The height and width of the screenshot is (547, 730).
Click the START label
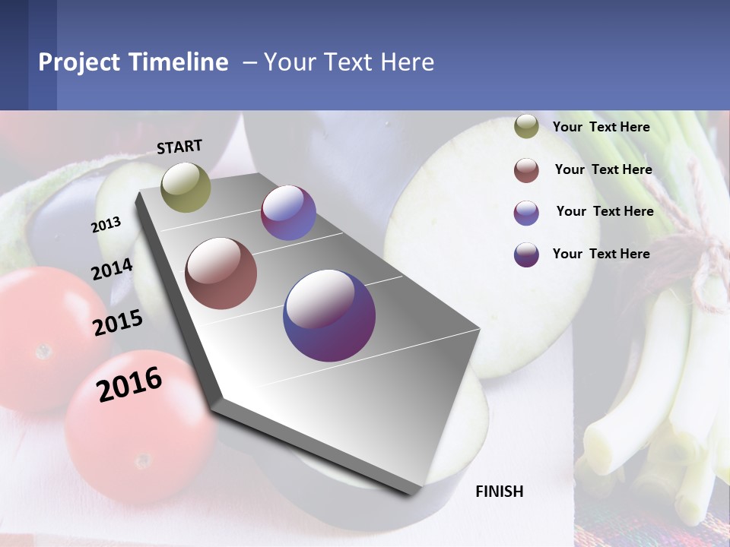(179, 147)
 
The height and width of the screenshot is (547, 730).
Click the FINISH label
(500, 492)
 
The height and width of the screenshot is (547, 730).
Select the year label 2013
(106, 225)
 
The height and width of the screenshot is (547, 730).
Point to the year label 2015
(118, 323)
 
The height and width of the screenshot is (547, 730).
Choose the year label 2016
(129, 384)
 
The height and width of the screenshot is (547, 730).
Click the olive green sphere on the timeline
(186, 187)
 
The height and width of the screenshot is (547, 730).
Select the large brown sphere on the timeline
(221, 273)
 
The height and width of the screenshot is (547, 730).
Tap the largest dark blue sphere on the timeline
(329, 315)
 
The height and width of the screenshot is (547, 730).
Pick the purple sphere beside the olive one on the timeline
(288, 213)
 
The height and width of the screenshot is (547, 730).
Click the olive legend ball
(526, 127)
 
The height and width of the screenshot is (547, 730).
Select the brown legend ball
(526, 170)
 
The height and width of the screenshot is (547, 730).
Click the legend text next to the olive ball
(601, 127)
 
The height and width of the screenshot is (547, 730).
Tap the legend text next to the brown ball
(603, 169)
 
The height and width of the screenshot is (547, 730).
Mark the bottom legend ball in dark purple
(526, 255)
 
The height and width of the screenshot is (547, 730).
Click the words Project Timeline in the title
(133, 62)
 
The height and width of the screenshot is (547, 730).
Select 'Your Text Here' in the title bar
(348, 62)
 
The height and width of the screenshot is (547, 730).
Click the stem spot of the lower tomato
(142, 460)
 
